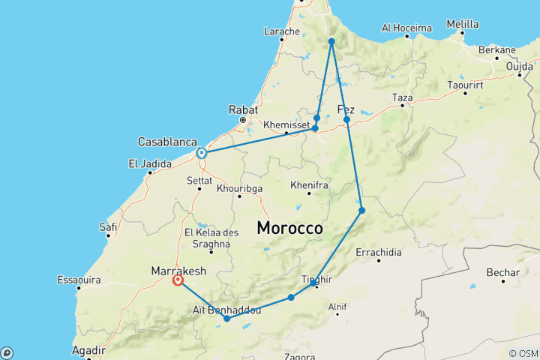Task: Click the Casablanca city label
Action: click(x=167, y=142)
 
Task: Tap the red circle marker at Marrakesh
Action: click(x=178, y=280)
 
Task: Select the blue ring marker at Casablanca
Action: click(x=201, y=153)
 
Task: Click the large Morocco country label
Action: click(x=289, y=227)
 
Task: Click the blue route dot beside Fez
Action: click(x=346, y=119)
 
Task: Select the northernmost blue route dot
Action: click(x=331, y=41)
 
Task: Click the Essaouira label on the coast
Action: click(x=79, y=280)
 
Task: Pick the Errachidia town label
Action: click(x=379, y=251)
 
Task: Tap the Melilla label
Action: click(x=462, y=24)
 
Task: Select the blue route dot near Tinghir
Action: click(x=313, y=283)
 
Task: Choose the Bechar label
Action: click(x=502, y=271)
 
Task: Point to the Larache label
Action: click(x=281, y=31)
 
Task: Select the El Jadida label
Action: click(x=147, y=164)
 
